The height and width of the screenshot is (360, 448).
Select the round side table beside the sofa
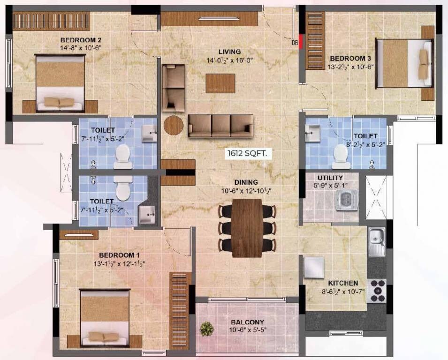(173, 125)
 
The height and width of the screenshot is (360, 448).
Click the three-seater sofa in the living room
(220, 125)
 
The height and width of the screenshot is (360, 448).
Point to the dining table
(247, 228)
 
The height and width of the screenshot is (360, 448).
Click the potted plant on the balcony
(207, 329)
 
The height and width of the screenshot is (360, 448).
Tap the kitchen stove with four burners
(378, 290)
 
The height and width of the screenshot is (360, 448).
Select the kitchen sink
(376, 241)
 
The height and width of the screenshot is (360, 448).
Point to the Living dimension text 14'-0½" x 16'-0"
(229, 60)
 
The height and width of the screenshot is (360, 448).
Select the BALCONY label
(247, 322)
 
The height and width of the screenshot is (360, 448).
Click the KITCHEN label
(343, 283)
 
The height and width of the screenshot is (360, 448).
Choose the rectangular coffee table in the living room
(220, 82)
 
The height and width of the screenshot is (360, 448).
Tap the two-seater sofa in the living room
(173, 88)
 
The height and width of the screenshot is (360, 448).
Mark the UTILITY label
(330, 178)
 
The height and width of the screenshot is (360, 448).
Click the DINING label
(247, 182)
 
